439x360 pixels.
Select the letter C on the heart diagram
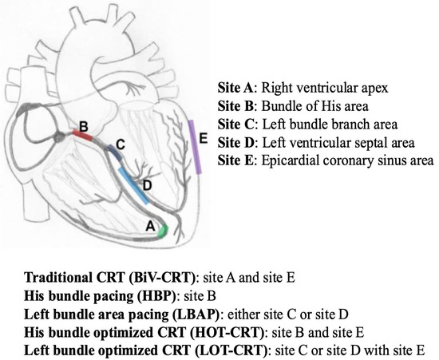[x=120, y=144]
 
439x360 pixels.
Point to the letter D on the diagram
[x=147, y=186]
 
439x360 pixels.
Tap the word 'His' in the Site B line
[x=325, y=106]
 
